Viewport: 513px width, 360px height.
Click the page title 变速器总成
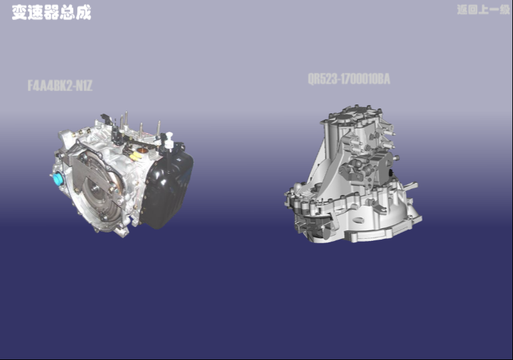[51, 13]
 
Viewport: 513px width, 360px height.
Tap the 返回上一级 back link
[483, 9]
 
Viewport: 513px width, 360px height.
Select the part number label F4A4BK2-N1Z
[60, 86]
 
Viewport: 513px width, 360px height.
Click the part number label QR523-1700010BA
[349, 80]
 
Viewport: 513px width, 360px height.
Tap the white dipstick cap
[168, 137]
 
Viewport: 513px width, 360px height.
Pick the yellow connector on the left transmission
[136, 156]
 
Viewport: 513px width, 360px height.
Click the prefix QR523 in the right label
[321, 80]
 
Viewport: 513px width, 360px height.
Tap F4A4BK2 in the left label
[50, 86]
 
